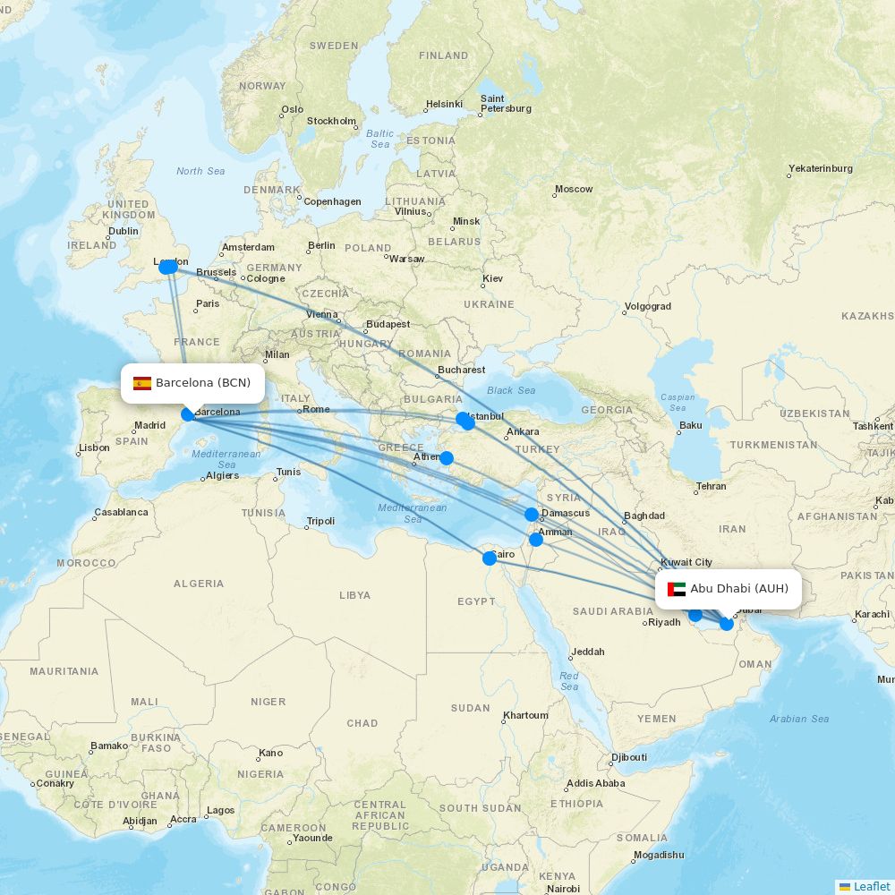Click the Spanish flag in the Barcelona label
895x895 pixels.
[x=142, y=384]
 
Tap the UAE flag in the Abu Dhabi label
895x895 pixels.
[x=677, y=590]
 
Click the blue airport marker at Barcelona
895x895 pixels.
[x=188, y=413]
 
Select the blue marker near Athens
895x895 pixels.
[x=447, y=458]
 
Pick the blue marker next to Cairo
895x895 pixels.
[x=490, y=558]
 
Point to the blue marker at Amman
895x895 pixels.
[x=536, y=539]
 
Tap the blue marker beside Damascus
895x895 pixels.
[x=532, y=515]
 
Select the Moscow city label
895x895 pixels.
[x=574, y=189]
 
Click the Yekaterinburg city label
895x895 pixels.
[x=821, y=168]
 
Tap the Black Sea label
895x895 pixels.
[x=511, y=390]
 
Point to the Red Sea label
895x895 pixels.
[x=569, y=681]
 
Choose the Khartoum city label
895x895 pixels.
[x=525, y=715]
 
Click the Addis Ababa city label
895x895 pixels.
[x=596, y=783]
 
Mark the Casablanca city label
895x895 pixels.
[x=121, y=513]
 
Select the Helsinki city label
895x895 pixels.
[x=444, y=104]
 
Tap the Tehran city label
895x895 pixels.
[x=712, y=486]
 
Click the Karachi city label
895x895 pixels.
[x=873, y=614]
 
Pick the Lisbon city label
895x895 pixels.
[x=94, y=447]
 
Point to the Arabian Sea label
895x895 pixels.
[x=799, y=719]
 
